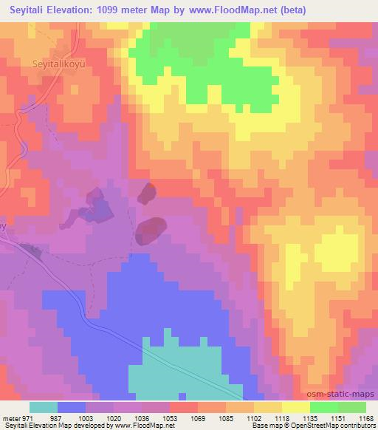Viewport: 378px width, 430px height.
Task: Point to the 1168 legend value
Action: point(366,418)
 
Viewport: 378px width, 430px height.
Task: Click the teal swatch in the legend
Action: point(44,407)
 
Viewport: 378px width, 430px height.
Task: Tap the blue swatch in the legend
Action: point(72,407)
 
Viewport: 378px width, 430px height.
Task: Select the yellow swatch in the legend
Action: point(296,407)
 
